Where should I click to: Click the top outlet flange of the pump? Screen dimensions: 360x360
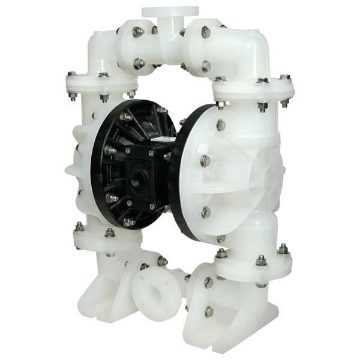[170, 11]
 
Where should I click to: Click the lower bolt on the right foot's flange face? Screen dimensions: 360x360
[208, 311]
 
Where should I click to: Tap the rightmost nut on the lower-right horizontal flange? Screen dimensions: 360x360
[283, 248]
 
